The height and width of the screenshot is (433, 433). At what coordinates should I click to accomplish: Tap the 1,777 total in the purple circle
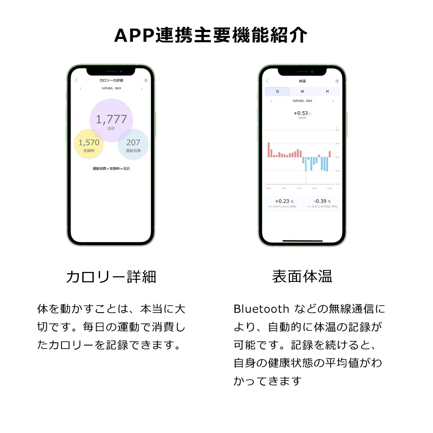(x=111, y=119)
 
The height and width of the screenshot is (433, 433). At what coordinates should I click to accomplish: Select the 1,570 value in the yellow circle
(x=89, y=142)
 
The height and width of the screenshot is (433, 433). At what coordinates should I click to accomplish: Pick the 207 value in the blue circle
(x=133, y=142)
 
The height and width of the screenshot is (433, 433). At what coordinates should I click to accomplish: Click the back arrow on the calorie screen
(x=77, y=81)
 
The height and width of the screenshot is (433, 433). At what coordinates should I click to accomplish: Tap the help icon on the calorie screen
(x=146, y=81)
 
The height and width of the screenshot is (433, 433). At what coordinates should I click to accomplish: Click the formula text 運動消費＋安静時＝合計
(x=111, y=168)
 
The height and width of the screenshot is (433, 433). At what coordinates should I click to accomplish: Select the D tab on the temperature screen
(x=278, y=91)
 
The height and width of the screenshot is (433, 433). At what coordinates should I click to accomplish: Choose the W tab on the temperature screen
(x=302, y=91)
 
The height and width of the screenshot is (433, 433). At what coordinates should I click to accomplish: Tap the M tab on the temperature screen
(x=327, y=91)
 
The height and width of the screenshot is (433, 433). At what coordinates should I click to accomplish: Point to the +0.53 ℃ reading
(x=302, y=113)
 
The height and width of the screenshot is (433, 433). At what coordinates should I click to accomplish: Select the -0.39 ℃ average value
(x=322, y=201)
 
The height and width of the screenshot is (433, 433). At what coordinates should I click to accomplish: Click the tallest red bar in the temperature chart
(x=268, y=149)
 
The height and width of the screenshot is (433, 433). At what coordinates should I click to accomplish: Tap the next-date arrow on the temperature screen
(x=333, y=101)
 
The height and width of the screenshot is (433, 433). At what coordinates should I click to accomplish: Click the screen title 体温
(x=302, y=81)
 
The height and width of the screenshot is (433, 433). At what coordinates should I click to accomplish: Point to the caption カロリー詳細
(x=111, y=277)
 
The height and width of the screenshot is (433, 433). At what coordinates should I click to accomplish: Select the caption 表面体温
(x=302, y=277)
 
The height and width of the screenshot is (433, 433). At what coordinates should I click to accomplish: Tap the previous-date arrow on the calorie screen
(x=81, y=88)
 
